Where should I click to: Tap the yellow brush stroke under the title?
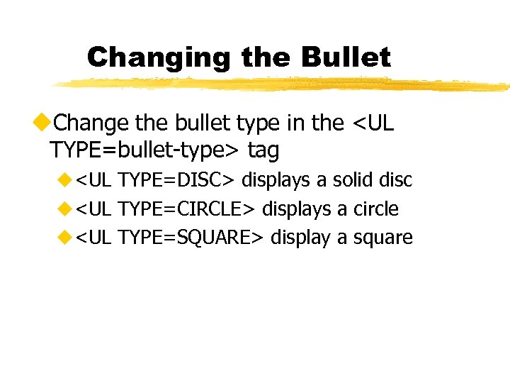coord(283,84)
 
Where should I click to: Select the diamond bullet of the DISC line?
coord(67,180)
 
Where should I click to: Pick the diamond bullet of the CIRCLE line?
coord(67,209)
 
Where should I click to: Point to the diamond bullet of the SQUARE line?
coord(67,237)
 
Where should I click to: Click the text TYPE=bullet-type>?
coord(145,150)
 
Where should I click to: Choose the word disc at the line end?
coord(395,180)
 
